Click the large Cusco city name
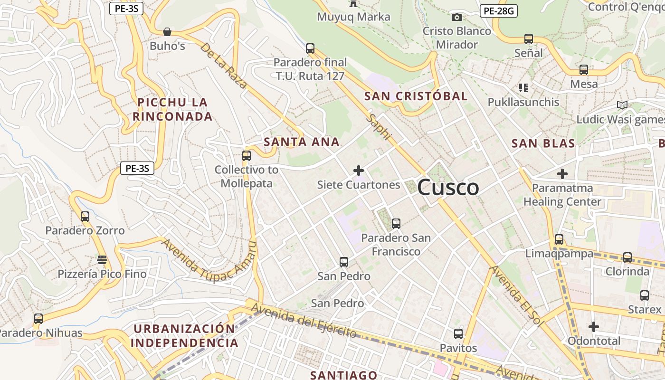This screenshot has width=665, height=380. (x=448, y=188)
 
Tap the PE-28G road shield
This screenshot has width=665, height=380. (x=498, y=11)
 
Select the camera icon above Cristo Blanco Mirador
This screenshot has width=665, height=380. (x=457, y=18)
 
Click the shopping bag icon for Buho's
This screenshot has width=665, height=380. (x=167, y=32)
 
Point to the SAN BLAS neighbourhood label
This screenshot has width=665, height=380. (x=543, y=143)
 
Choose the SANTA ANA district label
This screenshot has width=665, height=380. (x=302, y=142)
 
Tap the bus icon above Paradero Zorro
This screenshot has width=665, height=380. (x=85, y=217)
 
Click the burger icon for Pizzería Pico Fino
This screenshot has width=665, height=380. (x=102, y=260)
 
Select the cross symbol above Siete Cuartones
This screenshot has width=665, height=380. (x=359, y=171)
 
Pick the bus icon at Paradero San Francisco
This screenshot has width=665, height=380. (x=396, y=223)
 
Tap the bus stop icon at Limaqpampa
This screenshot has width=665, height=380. (x=559, y=239)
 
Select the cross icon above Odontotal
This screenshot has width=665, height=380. (x=594, y=327)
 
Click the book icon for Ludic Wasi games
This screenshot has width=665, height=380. (x=622, y=105)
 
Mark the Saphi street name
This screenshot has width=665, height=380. (x=379, y=127)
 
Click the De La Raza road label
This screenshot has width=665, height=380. (x=223, y=66)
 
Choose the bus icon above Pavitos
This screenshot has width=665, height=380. (x=458, y=334)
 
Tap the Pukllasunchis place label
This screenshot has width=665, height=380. (x=523, y=102)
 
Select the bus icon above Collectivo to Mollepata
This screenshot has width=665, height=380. (x=247, y=155)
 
